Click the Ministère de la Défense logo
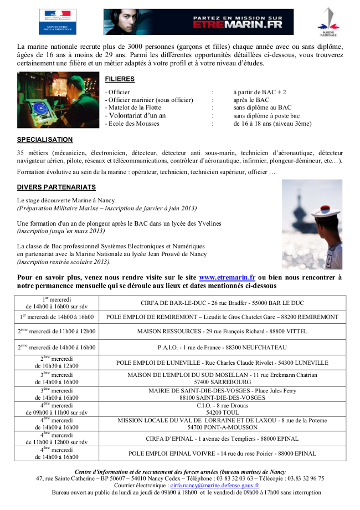(58, 22)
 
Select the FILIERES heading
(120, 79)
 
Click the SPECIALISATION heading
(45, 140)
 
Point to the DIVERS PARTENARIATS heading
(56, 187)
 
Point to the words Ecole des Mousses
(133, 124)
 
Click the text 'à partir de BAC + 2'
(260, 92)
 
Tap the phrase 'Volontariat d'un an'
(136, 115)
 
